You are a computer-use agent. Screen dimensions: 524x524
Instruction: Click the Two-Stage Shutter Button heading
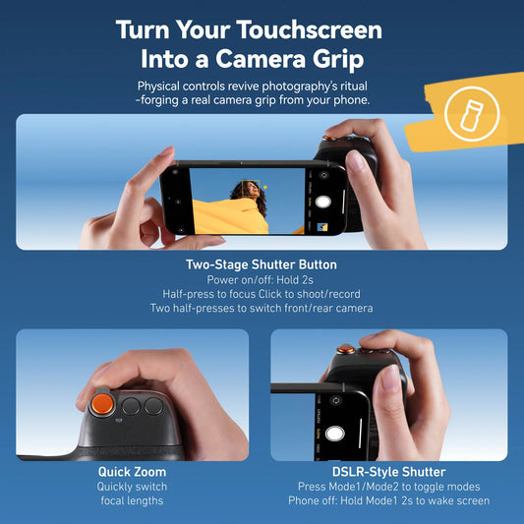(x=262, y=264)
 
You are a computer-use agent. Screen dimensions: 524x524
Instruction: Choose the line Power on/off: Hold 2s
(x=262, y=279)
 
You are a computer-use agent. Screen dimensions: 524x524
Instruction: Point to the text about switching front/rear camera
(x=262, y=308)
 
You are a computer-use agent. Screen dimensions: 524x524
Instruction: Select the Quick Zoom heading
(x=132, y=472)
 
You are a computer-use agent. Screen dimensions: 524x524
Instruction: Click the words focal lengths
(x=132, y=500)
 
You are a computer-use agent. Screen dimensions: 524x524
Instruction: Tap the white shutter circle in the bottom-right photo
(x=335, y=433)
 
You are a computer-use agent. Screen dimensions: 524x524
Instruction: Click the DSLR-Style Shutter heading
(x=388, y=472)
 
